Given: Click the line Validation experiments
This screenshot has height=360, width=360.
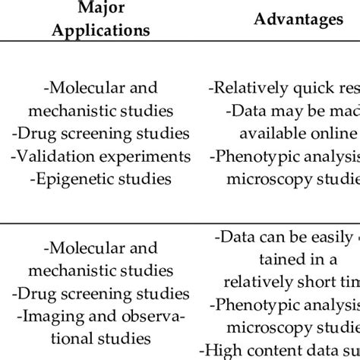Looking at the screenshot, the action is click(x=100, y=156).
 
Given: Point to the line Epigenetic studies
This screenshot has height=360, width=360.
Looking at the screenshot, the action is click(x=100, y=179).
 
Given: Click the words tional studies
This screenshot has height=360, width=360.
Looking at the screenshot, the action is click(x=100, y=339).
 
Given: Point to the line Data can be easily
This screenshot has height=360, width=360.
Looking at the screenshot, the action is click(x=289, y=238).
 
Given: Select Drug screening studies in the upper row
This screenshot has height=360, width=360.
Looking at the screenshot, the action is click(x=100, y=134).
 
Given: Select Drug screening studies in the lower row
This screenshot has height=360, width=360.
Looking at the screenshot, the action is click(x=100, y=293).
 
